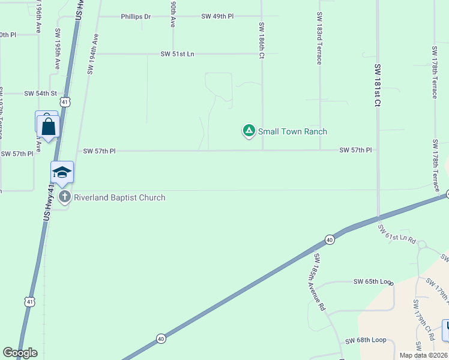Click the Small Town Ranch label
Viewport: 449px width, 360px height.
(x=292, y=131)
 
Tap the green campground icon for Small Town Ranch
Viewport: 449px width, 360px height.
(x=249, y=130)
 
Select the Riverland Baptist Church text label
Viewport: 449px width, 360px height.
(x=119, y=197)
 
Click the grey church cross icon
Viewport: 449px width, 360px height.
(x=65, y=197)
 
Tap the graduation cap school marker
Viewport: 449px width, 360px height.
(x=62, y=173)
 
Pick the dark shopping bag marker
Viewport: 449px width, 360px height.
(x=48, y=127)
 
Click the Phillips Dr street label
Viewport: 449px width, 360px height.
(x=136, y=17)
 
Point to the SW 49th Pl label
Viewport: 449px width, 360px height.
(x=218, y=17)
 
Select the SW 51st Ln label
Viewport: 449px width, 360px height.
(x=178, y=54)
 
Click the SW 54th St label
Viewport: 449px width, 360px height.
(x=40, y=94)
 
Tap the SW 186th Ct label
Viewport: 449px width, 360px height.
(x=262, y=41)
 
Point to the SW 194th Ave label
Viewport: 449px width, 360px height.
(x=92, y=54)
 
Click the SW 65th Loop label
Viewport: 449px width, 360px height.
(x=372, y=281)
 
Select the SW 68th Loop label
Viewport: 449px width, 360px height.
(x=365, y=341)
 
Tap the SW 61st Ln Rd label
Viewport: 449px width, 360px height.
(x=397, y=234)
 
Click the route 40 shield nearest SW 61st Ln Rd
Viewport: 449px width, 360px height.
(x=330, y=239)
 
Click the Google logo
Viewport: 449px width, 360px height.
(x=20, y=353)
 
